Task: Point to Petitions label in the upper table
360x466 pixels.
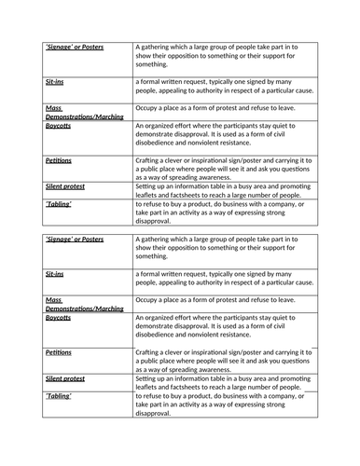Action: point(58,160)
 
